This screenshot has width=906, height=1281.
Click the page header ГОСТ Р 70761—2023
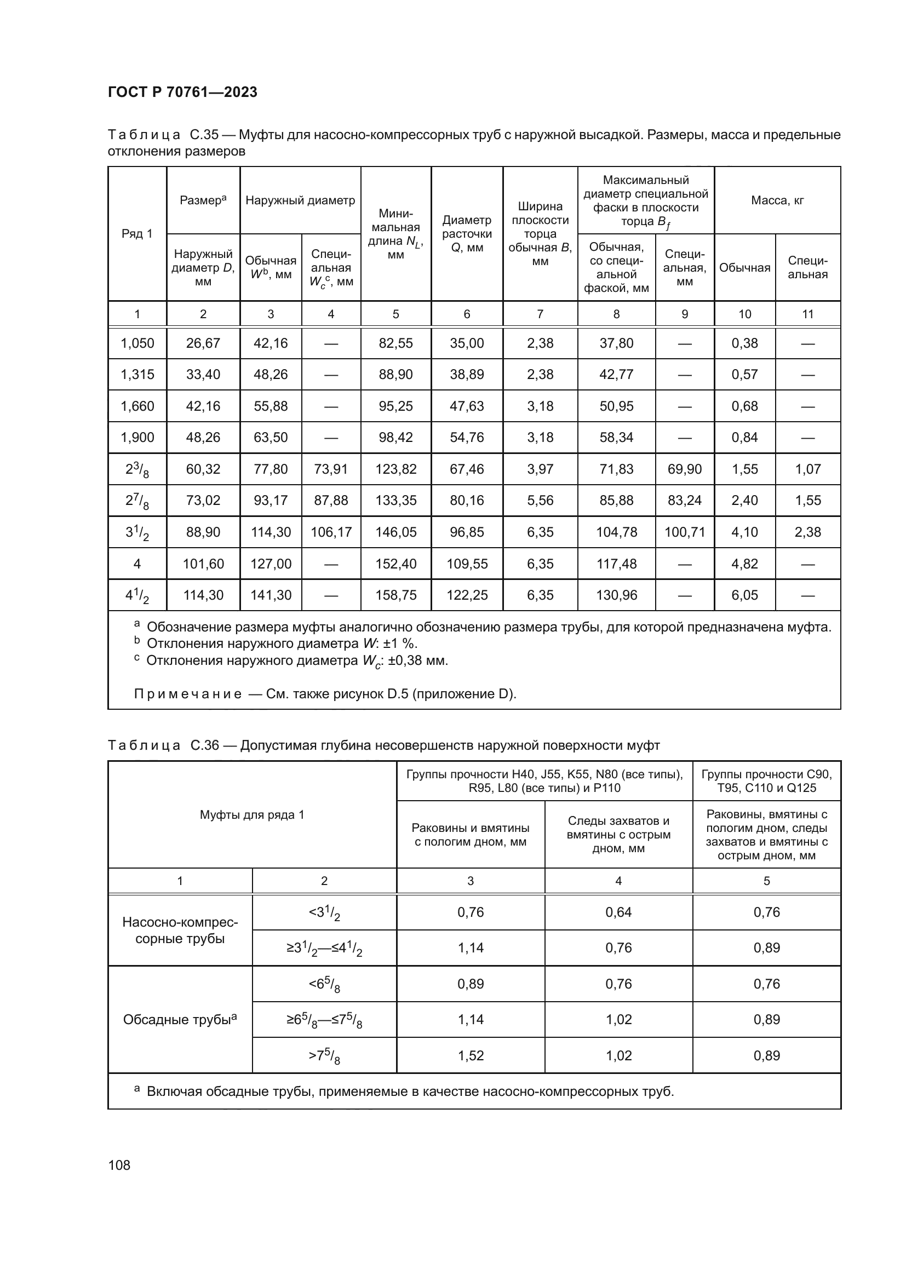coord(182,92)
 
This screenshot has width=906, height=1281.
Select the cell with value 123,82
coord(395,469)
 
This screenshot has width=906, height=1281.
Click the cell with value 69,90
coord(685,469)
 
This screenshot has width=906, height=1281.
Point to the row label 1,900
coord(137,438)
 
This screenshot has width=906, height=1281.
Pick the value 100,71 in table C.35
coord(685,532)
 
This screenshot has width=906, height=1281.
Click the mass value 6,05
coord(744,595)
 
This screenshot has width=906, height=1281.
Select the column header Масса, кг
coord(777,200)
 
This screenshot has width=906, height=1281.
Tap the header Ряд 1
coord(137,234)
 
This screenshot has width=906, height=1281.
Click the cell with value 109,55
coord(467,564)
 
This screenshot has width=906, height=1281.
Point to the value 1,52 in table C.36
coord(471,1055)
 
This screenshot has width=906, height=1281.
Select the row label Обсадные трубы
coord(180,1020)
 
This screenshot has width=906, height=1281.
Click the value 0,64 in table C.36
coord(618,912)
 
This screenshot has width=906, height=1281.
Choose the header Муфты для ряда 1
coord(252,815)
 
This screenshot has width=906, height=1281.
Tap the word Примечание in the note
coord(187,694)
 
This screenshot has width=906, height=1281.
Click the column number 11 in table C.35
coord(807,314)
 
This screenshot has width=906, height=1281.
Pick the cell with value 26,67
coord(203,343)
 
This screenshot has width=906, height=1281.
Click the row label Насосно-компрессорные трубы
coord(180,930)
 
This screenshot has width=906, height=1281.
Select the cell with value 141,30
coord(271,595)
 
